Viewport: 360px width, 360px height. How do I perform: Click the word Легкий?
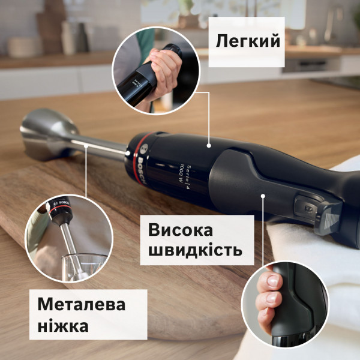tap(248, 41)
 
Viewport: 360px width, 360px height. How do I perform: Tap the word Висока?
tap(185, 230)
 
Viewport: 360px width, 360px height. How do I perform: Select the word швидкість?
tap(195, 250)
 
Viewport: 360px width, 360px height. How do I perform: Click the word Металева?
tap(82, 304)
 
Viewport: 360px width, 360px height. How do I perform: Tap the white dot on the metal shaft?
tap(88, 146)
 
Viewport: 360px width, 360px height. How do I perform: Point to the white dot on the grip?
tap(263, 194)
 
